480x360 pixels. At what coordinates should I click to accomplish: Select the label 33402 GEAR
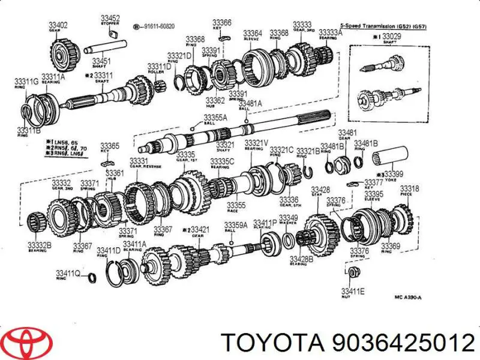coord(58,27)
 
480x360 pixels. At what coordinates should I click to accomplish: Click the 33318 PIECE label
coord(410,190)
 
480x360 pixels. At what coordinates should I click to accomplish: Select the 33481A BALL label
coord(252,106)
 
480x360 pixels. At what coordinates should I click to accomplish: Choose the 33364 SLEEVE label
coord(252,35)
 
